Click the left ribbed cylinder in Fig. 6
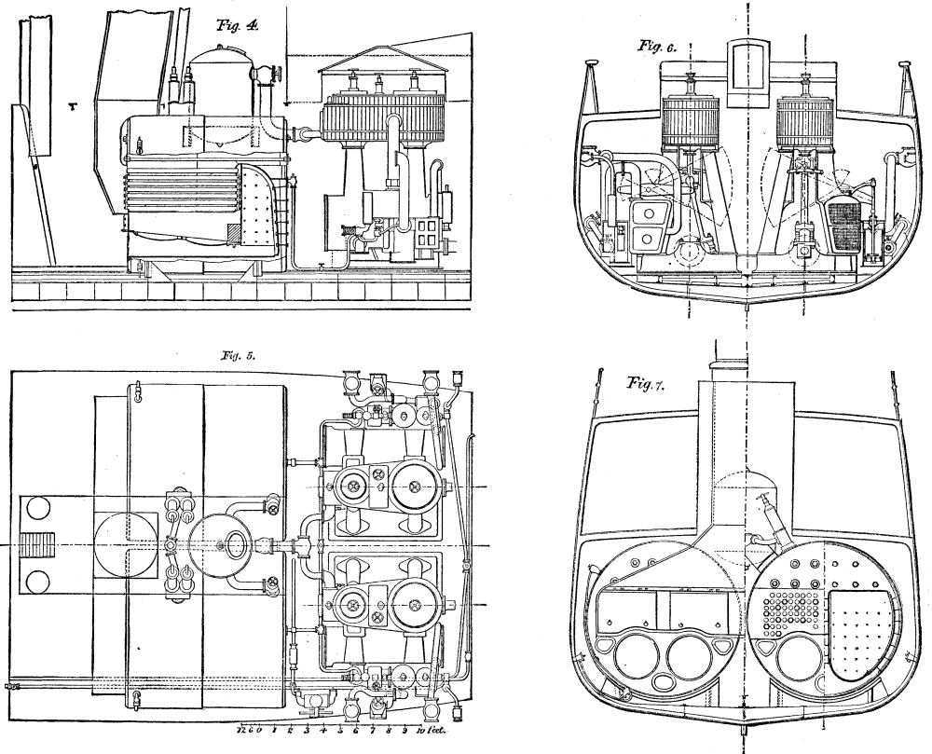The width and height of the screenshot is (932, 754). coord(690,124)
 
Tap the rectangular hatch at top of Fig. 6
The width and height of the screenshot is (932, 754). coord(747,67)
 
